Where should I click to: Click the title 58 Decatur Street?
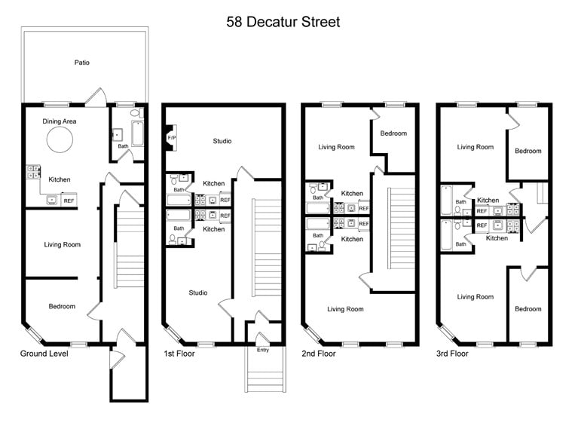283,22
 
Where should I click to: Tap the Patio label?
81,63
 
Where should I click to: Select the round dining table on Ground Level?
60,139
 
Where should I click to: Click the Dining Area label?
59,121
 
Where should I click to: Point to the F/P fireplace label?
171,139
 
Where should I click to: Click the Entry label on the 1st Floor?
262,350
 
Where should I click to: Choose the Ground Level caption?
44,354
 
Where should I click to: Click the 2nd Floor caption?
318,354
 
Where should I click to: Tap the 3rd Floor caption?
452,354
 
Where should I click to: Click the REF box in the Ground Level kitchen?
69,201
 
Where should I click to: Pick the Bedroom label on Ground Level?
62,306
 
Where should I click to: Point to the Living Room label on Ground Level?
62,244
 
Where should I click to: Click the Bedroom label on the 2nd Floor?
393,133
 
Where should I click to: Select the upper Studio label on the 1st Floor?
222,141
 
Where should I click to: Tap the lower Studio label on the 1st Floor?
198,292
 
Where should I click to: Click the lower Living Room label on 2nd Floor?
345,309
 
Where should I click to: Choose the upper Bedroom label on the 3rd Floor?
528,151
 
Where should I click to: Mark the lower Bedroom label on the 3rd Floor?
528,309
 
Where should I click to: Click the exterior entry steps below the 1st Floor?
265,373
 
